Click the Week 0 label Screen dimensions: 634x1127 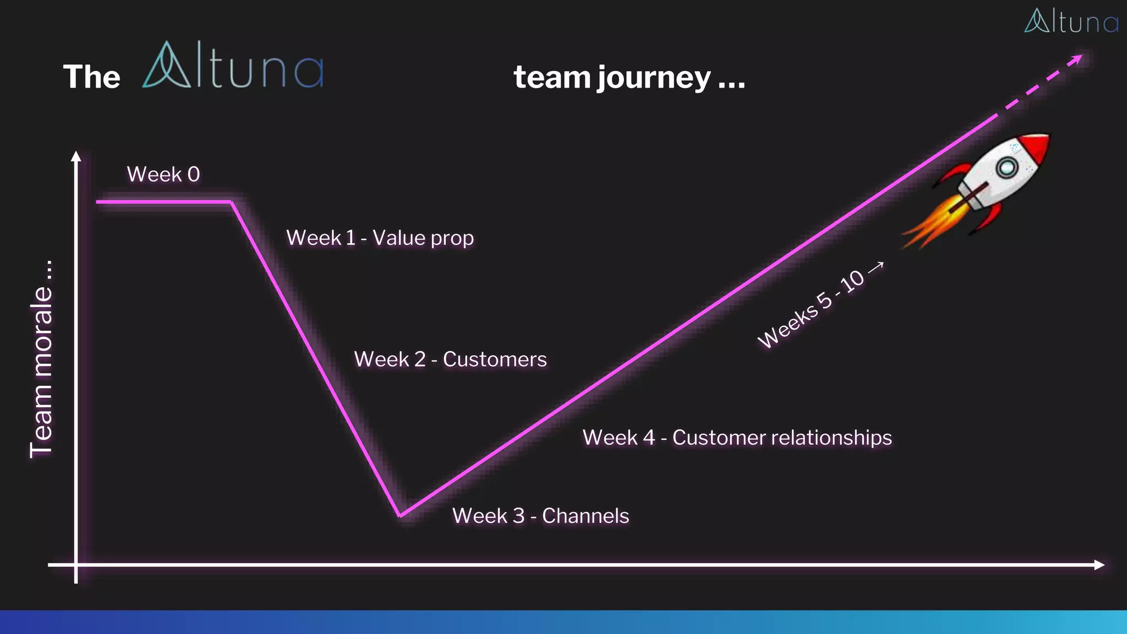(163, 174)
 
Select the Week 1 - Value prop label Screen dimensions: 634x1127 (380, 238)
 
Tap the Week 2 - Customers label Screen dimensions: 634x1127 (450, 359)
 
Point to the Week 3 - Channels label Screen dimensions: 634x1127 (540, 516)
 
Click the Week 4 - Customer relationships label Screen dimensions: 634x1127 (737, 438)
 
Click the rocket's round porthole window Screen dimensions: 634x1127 (1007, 167)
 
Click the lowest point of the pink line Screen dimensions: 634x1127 (401, 516)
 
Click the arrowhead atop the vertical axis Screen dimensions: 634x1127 (76, 156)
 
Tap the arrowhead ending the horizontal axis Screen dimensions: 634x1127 (1099, 565)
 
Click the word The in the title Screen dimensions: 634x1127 (91, 76)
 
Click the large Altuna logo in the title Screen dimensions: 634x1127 (233, 65)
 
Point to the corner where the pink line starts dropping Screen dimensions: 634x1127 (232, 203)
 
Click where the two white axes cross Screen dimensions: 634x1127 (76, 565)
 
